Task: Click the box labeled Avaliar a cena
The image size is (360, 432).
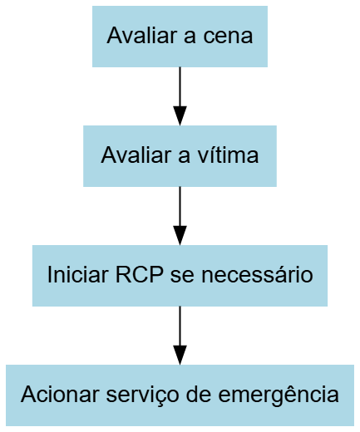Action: [x=180, y=37]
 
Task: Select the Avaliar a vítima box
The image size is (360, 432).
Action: [x=180, y=156]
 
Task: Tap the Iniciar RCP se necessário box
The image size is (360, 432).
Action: [x=180, y=276]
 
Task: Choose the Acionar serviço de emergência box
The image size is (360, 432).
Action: [x=180, y=395]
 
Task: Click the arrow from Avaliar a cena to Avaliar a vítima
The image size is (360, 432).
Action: [x=180, y=96]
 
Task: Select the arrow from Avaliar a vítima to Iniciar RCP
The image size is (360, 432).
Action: [x=180, y=216]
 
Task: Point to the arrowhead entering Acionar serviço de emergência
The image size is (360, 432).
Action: [x=180, y=355]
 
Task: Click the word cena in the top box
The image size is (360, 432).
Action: [x=228, y=36]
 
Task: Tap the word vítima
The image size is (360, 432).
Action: [x=228, y=155]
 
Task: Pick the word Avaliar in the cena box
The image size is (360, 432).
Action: [x=142, y=36]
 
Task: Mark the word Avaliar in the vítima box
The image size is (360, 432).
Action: [x=136, y=155]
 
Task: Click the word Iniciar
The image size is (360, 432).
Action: [x=78, y=275]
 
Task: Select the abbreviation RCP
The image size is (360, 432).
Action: [x=140, y=275]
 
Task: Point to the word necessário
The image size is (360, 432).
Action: [x=257, y=275]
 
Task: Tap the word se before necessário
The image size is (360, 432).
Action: [x=182, y=277]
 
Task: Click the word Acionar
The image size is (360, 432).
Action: [x=60, y=395]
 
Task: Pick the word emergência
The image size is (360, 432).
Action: [x=279, y=395]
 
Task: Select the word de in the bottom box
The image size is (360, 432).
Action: [x=199, y=395]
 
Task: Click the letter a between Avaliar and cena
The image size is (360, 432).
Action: [x=190, y=37]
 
